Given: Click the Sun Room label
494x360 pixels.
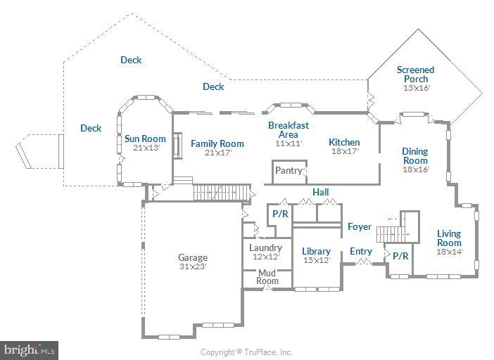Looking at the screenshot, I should click(145, 139).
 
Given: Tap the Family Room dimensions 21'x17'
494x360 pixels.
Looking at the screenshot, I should click(217, 153).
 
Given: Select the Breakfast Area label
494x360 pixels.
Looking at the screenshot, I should click(289, 129).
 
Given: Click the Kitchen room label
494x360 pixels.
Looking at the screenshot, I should click(344, 142).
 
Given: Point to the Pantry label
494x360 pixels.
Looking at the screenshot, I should click(289, 170).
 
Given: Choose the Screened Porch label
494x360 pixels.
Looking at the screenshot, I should click(415, 74).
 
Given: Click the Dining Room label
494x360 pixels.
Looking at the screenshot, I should click(415, 155).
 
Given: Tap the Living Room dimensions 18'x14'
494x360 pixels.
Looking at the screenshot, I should click(449, 252).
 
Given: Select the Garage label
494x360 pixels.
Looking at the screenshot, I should click(192, 257).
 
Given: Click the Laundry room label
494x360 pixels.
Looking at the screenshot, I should click(265, 247).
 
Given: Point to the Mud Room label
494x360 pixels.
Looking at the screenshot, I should click(267, 276).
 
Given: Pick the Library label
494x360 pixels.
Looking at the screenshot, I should click(316, 251).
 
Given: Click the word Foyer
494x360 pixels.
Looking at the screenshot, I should click(359, 226).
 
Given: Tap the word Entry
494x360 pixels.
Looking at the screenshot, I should click(361, 251).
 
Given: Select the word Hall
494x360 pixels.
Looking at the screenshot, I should click(321, 192).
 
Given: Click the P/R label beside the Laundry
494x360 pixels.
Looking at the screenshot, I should click(280, 214).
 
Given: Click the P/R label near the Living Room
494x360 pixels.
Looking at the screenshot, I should click(400, 256).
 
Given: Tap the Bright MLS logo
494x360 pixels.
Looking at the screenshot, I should click(30, 349).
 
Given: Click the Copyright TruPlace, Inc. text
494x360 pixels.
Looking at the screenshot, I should click(246, 352).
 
